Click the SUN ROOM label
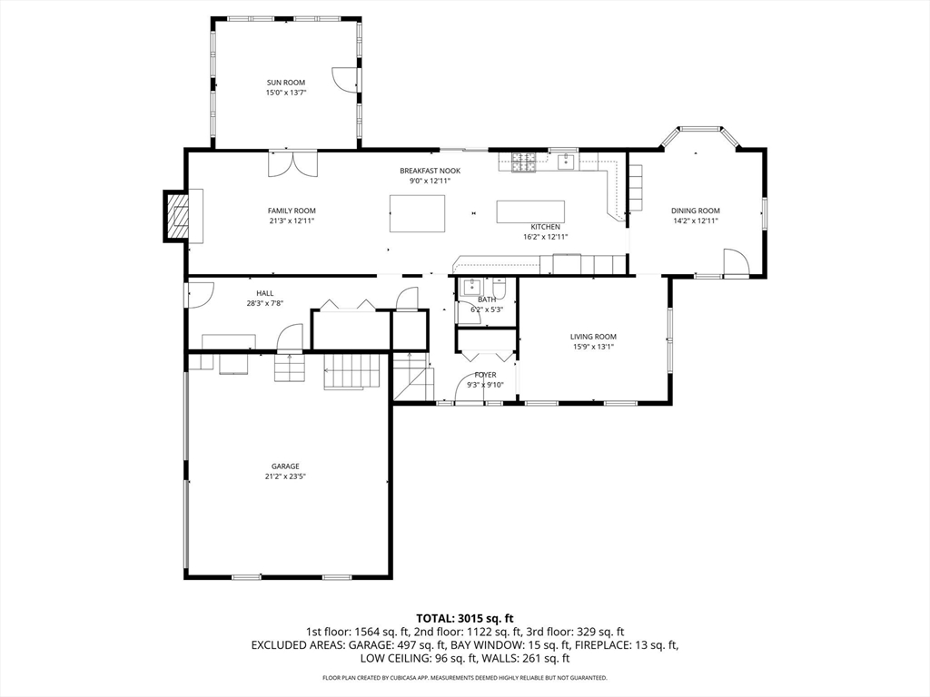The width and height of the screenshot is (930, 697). tap(285, 83)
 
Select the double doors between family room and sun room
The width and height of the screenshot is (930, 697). tap(293, 165)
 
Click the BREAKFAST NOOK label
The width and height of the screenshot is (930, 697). tap(430, 171)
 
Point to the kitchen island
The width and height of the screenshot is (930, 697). tap(530, 211)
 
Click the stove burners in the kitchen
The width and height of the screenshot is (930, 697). tap(523, 162)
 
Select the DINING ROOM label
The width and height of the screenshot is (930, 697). tap(695, 211)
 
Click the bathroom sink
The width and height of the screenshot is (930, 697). tap(470, 288)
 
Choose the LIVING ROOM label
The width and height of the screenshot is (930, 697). tap(593, 337)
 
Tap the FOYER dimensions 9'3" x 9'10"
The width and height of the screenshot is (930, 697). tap(485, 385)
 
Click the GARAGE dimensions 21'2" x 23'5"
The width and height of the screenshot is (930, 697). tap(284, 476)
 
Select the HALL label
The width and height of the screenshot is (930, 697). tap(264, 293)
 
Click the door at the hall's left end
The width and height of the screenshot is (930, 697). tap(199, 294)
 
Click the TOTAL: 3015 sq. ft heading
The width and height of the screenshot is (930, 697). tap(464, 618)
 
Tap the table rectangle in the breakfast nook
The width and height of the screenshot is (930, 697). tap(418, 213)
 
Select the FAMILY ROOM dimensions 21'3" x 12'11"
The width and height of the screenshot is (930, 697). tap(292, 221)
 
